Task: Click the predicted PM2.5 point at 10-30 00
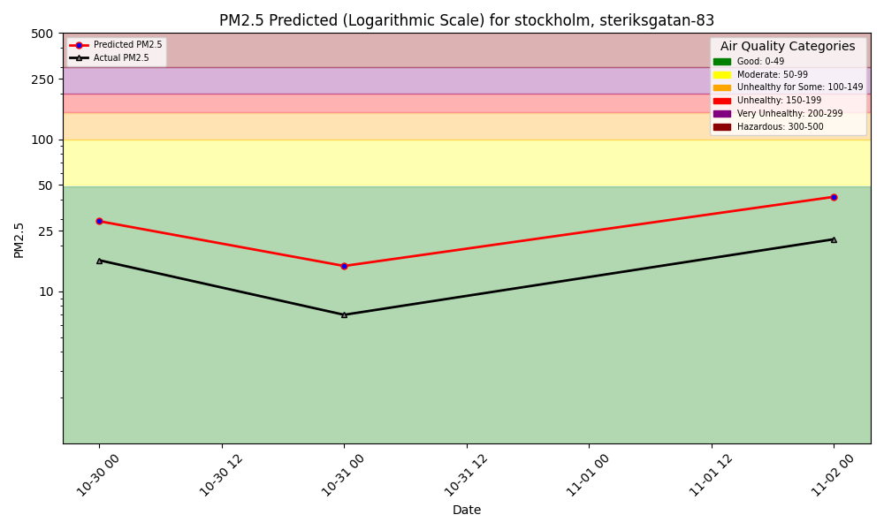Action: [x=99, y=221]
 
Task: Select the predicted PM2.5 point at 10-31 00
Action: [x=344, y=266]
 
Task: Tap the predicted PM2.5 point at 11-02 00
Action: [x=834, y=197]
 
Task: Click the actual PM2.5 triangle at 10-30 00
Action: [x=99, y=261]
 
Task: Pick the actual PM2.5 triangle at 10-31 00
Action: [x=344, y=314]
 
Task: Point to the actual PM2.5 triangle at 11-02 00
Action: [x=834, y=239]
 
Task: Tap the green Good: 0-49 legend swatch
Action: [x=722, y=62]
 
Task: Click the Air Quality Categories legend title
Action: [x=788, y=47]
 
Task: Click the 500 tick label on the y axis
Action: [x=42, y=34]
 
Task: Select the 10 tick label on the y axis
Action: [x=45, y=291]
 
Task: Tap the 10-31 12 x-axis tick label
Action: [x=465, y=475]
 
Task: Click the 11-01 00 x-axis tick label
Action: [x=588, y=475]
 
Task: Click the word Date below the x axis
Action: [x=467, y=510]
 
